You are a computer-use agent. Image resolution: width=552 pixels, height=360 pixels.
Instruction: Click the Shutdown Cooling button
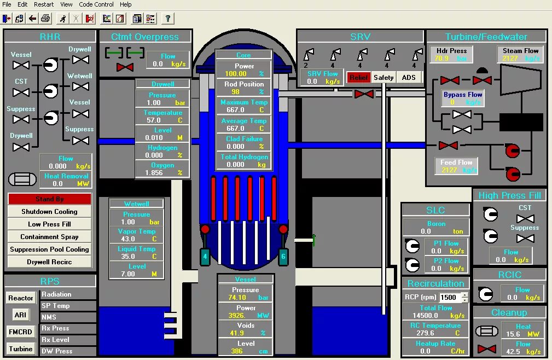coord(49,212)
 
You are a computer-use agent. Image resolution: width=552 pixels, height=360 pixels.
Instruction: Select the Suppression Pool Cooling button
coord(49,249)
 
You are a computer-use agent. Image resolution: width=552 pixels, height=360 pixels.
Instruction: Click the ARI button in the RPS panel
coord(20,315)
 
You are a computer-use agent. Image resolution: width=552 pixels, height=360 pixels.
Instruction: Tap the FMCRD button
coord(20,332)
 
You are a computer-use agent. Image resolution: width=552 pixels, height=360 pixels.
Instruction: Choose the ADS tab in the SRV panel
coord(409,78)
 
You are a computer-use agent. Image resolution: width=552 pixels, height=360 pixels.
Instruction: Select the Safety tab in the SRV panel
coord(384,78)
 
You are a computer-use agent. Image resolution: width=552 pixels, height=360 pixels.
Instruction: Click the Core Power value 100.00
coord(236,74)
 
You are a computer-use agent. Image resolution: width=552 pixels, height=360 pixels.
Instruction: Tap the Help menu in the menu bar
coord(126,4)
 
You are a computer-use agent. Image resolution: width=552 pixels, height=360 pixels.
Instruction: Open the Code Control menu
coord(96,4)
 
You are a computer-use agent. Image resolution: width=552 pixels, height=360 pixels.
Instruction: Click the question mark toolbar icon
coord(167,19)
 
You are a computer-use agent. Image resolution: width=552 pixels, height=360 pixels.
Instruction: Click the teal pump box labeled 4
coord(205,256)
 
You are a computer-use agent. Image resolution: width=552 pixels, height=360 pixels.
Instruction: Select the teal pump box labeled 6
coord(283,256)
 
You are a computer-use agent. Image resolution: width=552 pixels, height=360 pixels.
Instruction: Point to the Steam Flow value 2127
coord(510,59)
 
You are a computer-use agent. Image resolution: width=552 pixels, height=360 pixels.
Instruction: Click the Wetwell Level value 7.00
coord(127,274)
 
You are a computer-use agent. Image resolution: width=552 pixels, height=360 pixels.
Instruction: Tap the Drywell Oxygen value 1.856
coord(154,173)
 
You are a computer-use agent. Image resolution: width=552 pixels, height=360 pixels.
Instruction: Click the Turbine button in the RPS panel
coord(20,349)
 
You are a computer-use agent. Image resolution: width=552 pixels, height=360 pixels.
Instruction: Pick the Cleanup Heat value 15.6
coord(513,334)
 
